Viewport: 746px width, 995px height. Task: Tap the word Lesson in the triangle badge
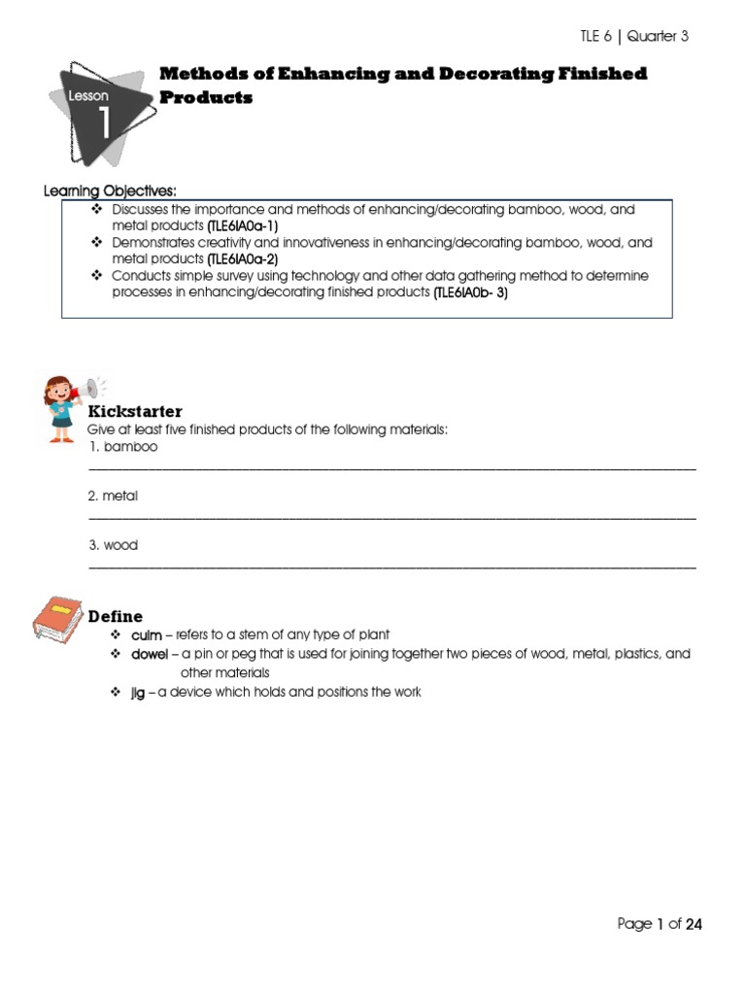(88, 96)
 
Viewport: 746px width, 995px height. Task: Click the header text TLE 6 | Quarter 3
(633, 37)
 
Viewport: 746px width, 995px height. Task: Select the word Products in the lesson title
(205, 98)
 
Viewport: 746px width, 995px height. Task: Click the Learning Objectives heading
(110, 190)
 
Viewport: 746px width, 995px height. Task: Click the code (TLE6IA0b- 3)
(470, 292)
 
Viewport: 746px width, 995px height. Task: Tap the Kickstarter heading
(134, 412)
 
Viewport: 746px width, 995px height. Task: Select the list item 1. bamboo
(122, 447)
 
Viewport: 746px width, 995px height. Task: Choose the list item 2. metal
(113, 496)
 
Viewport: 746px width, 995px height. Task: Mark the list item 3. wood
(113, 545)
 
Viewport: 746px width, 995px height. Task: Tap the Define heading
(115, 616)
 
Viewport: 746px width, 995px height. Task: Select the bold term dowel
(150, 654)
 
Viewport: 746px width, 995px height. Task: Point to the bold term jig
(138, 692)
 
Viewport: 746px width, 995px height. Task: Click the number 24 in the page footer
(693, 924)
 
